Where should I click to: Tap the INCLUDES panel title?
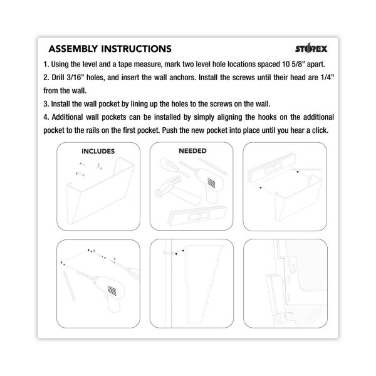click(98, 151)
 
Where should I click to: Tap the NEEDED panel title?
click(192, 151)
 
